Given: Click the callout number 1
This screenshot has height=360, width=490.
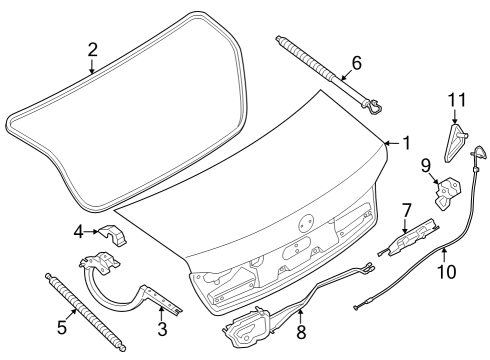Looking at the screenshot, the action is pyautogui.click(x=405, y=144).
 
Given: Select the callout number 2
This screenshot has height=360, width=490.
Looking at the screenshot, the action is pyautogui.click(x=92, y=49).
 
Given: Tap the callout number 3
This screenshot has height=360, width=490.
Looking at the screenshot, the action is pyautogui.click(x=163, y=328).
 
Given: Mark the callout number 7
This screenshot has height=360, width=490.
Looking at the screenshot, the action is pyautogui.click(x=406, y=211).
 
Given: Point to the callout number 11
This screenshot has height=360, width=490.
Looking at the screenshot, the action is pyautogui.click(x=457, y=99).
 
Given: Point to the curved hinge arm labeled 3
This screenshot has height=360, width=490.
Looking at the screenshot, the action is pyautogui.click(x=129, y=285).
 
